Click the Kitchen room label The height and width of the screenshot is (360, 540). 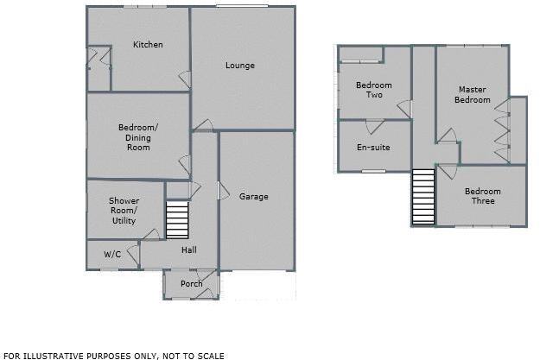click(148, 45)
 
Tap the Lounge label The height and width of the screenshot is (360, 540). click(240, 66)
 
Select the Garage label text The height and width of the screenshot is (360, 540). click(254, 197)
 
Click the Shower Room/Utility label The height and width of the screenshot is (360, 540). click(124, 210)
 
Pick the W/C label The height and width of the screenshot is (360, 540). click(112, 255)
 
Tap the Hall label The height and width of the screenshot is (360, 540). click(188, 250)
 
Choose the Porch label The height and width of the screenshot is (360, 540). click(191, 284)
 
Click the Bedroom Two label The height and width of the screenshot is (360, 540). click(373, 90)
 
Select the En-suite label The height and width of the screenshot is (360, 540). click(373, 148)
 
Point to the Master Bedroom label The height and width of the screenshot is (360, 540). click(473, 95)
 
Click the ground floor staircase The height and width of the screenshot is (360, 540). click(176, 220)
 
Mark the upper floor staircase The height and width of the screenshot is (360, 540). click(422, 197)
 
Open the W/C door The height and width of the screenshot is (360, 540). click(132, 255)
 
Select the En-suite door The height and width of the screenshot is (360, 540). click(373, 126)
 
